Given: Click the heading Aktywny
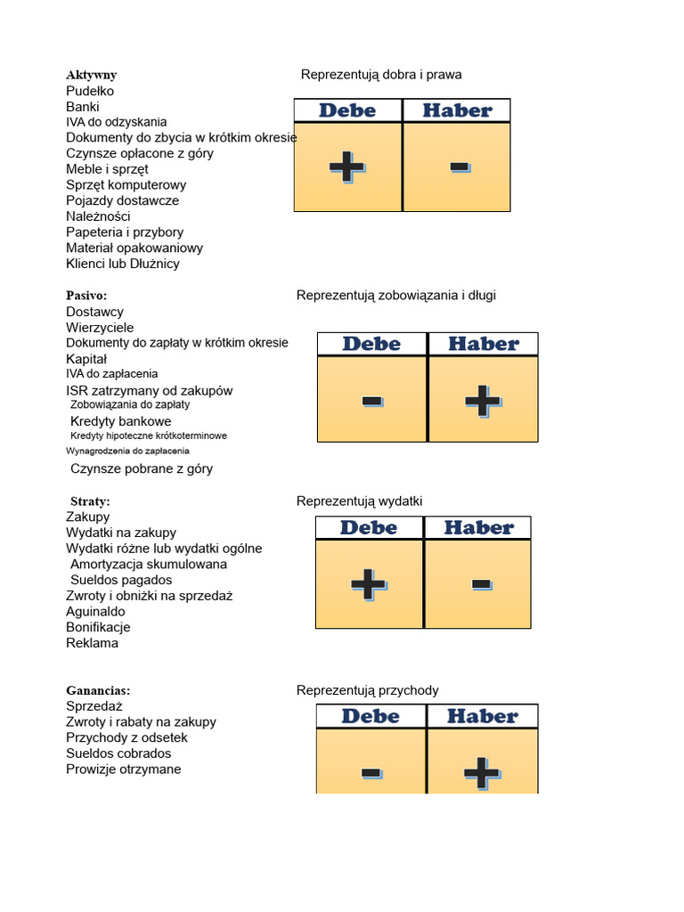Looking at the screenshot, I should pos(91,75).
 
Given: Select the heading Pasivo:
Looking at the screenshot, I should pos(86,295).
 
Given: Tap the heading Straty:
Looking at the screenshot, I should pos(89,501).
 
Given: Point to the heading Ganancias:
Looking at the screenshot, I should pos(98,690).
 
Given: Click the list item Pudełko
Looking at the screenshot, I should pos(90,91).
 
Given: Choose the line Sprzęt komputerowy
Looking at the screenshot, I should pos(126,184).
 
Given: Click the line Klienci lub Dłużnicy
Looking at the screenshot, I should pos(122,264).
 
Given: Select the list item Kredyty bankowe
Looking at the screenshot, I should pos(120,421).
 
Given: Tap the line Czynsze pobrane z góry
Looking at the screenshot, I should pos(142,468).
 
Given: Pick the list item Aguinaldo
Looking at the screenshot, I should pos(95,611).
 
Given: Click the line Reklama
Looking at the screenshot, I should pos(92,643).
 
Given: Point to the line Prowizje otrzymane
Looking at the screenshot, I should pos(123,769).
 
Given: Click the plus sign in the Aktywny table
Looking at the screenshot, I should pos(346,167).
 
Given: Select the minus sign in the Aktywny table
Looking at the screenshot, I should pos(460,167).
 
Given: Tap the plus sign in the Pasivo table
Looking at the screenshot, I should pos(483,401).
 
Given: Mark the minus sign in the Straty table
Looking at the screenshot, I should pos(481,584).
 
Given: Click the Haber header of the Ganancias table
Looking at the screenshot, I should pos(482,716).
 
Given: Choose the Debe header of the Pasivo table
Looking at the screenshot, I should pos(371,344).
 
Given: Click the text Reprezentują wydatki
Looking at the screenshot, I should pos(359,501).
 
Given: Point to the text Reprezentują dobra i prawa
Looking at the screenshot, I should pos(381,75).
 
